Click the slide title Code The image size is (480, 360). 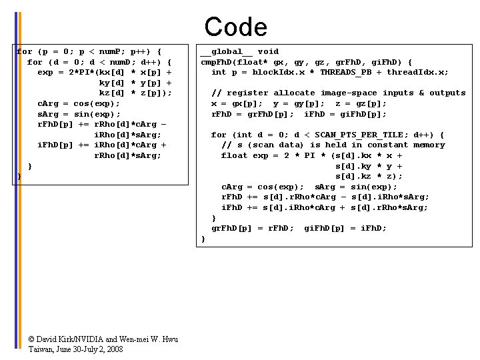[235, 27]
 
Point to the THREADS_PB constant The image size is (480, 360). [346, 72]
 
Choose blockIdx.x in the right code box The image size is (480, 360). [276, 72]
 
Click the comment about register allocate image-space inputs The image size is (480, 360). [339, 93]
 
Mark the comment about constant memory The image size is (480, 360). [333, 145]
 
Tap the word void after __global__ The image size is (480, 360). [268, 51]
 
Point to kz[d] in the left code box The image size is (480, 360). [111, 93]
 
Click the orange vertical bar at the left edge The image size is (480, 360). [20, 180]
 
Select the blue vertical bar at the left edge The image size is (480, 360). [15, 180]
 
